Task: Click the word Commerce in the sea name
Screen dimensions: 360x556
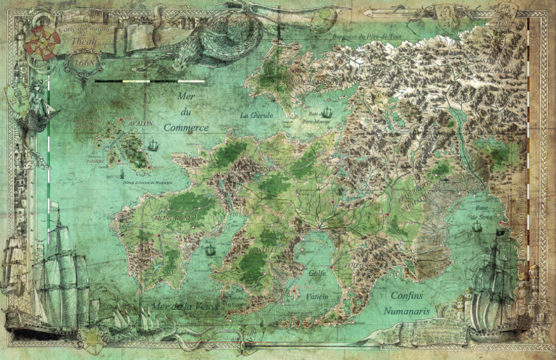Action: (x=186, y=127)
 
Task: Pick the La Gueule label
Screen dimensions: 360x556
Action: (x=254, y=114)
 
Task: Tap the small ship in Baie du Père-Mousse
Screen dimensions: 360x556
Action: (x=327, y=112)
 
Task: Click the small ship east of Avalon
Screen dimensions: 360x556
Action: (x=153, y=146)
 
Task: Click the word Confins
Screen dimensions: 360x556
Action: (x=406, y=296)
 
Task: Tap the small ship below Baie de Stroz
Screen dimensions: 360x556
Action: (x=477, y=227)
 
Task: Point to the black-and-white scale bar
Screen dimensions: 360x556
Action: (x=149, y=81)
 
